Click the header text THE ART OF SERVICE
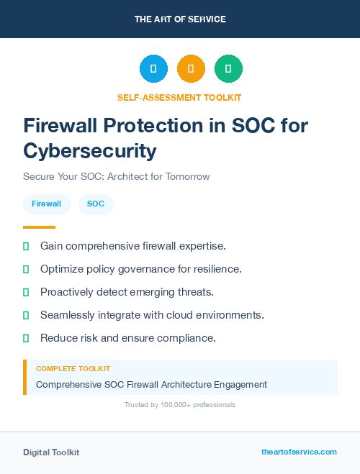click(x=180, y=19)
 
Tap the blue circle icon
click(x=153, y=69)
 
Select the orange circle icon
click(x=191, y=69)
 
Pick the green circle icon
click(x=228, y=69)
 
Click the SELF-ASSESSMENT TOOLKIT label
click(x=180, y=97)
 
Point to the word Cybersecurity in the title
click(x=89, y=151)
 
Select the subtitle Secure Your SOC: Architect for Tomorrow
click(x=116, y=176)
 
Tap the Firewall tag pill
click(x=47, y=204)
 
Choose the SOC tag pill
click(x=96, y=204)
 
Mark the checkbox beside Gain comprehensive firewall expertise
click(x=26, y=246)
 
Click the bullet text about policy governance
click(x=140, y=269)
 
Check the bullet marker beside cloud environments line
click(x=26, y=315)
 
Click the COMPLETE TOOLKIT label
click(x=73, y=368)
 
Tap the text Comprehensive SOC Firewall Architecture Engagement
click(x=151, y=385)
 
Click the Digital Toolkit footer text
click(x=51, y=452)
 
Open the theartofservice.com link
click(x=299, y=452)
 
